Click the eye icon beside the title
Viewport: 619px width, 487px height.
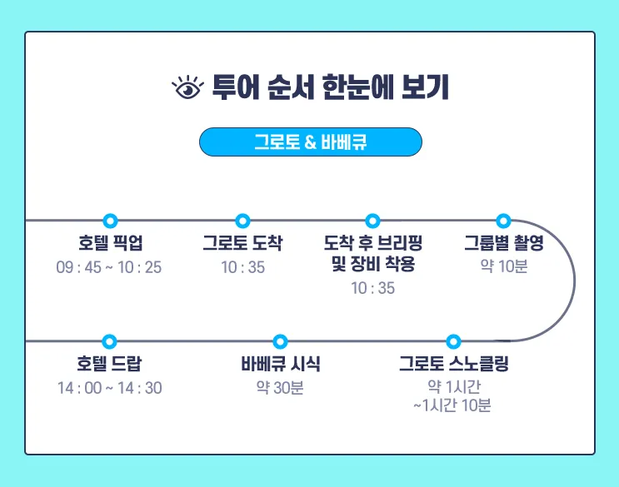coord(187,87)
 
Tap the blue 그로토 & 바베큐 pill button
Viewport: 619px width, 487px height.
coord(311,142)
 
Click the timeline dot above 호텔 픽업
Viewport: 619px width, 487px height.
coord(111,221)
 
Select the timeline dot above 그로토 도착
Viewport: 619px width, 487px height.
coord(242,221)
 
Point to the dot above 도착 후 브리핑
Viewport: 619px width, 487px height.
coord(372,221)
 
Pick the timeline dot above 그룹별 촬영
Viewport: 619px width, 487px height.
coord(503,221)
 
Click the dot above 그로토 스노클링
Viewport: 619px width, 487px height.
coord(453,341)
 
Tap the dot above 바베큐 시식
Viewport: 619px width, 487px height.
coord(280,341)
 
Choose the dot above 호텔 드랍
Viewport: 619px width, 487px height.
coord(109,341)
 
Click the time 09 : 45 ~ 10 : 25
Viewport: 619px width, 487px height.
coord(109,267)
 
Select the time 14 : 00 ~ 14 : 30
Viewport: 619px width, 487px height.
coord(110,388)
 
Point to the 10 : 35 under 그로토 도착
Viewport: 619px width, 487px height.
coord(242,267)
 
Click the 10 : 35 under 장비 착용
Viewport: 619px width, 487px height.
coord(373,288)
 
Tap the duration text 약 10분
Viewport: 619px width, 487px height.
coord(504,266)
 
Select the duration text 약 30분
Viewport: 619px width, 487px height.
coord(280,388)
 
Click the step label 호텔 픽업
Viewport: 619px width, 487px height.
coord(111,242)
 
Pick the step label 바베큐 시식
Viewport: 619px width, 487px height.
coord(281,364)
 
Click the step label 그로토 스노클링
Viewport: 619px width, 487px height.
coord(454,364)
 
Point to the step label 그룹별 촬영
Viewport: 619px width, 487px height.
coord(504,242)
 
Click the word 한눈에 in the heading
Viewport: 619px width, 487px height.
coord(358,87)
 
